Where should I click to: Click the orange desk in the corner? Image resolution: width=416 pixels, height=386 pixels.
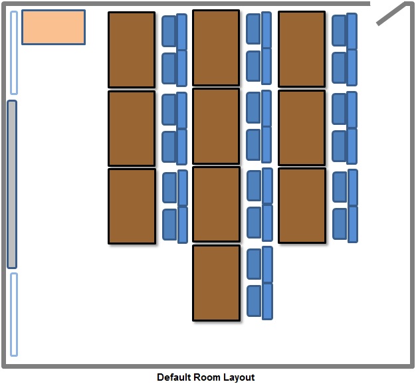pos(53,27)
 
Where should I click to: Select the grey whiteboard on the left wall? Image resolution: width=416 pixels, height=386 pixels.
pos(12,184)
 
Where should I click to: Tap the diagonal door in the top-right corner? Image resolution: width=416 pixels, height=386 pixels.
pos(391,13)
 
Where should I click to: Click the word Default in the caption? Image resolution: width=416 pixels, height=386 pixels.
pos(174,377)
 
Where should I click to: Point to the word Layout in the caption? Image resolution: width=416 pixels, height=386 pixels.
pos(239,377)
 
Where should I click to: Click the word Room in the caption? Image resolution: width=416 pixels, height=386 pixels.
pos(207,377)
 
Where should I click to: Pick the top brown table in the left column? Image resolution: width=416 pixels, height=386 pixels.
pos(132,49)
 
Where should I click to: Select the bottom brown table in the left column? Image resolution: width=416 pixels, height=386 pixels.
pos(132,206)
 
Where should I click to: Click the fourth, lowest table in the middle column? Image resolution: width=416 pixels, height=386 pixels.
pos(216,283)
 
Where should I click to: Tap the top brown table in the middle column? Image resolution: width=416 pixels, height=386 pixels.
pos(216,48)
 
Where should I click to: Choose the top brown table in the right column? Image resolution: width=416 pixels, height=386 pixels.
pos(302,49)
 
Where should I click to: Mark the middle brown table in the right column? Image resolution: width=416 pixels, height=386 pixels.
pos(302,128)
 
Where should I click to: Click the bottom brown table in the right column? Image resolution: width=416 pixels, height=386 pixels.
pos(302,205)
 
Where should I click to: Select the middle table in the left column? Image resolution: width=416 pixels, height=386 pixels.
pos(132,128)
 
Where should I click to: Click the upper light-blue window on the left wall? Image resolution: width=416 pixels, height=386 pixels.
pos(14,52)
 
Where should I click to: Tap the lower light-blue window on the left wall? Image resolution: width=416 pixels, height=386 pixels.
pos(14,314)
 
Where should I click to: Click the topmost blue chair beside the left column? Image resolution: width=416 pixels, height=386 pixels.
pos(169,31)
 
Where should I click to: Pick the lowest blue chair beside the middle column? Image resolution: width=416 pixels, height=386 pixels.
pos(255,300)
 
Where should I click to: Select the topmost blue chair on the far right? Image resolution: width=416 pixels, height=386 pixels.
pos(340,30)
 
